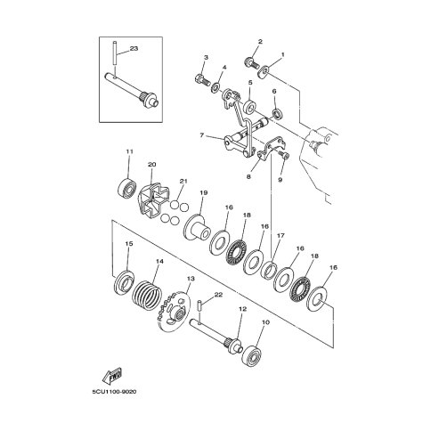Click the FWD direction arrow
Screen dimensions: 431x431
112,377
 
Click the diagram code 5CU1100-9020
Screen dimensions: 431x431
114,392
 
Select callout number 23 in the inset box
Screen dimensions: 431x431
134,48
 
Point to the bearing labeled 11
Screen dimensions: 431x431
127,188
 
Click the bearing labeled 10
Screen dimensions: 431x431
252,355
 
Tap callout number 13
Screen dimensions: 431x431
191,279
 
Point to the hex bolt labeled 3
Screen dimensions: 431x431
203,79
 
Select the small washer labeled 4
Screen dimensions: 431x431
215,87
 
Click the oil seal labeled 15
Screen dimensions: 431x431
124,283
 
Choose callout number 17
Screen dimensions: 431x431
281,236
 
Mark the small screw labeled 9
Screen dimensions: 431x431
285,154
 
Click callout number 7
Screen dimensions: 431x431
202,135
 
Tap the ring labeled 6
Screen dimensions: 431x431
278,113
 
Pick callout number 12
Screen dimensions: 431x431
242,309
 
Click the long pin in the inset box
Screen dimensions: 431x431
115,53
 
